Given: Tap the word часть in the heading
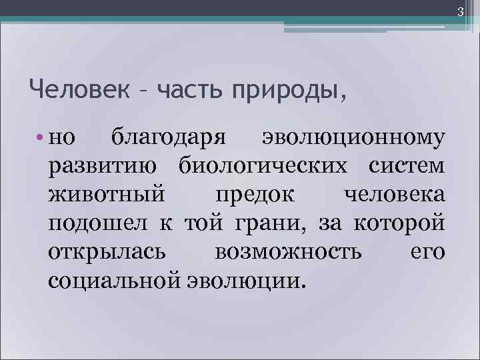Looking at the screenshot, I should (189, 88).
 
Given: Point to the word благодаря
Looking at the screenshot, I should (171, 138).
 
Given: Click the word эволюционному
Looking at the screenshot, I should (353, 138).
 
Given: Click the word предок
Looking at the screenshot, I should (253, 195).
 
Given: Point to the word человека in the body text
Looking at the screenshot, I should (394, 195).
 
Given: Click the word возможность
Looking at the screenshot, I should (289, 252).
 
